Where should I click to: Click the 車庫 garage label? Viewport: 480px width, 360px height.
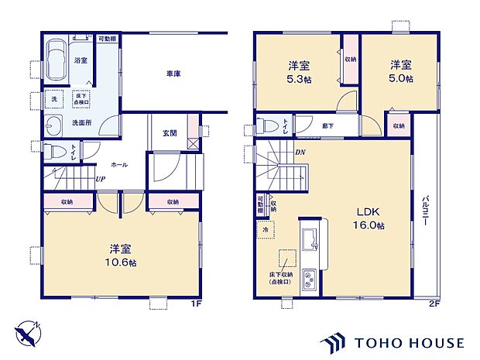tap(173, 74)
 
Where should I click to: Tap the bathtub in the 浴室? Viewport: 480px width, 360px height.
tap(56, 59)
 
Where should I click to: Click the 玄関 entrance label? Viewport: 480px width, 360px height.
tap(169, 133)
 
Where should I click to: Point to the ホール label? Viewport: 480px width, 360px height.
tap(119, 165)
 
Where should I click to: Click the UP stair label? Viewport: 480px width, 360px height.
tap(100, 180)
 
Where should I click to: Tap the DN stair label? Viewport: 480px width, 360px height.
tap(300, 153)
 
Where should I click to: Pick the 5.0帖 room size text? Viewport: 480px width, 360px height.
tap(401, 78)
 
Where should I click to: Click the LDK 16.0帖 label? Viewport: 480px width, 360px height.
tap(370, 218)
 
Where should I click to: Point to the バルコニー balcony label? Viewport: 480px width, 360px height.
tap(426, 209)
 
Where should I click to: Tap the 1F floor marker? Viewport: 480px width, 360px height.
tap(197, 303)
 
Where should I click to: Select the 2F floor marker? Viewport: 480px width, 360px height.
tap(434, 303)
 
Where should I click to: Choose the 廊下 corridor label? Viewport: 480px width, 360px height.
tap(307, 125)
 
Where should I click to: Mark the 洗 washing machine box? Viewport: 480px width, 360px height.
tap(55, 99)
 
